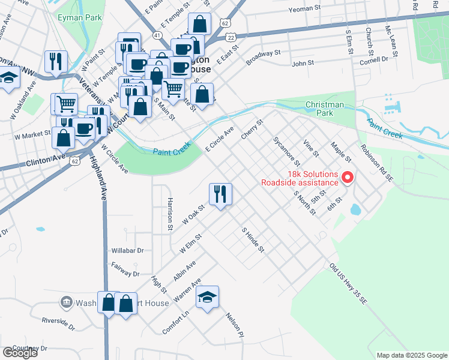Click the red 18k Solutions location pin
pos(347,178)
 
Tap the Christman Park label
pos(325,109)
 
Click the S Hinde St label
pos(253,239)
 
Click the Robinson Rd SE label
pos(377,163)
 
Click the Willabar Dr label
pos(128,250)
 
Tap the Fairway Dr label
pos(125,269)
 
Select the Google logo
pos(20,352)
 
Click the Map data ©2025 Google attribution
pos(411,355)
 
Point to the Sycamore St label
pos(286,151)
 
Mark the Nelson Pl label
pos(235,324)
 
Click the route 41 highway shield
pos(157,36)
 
